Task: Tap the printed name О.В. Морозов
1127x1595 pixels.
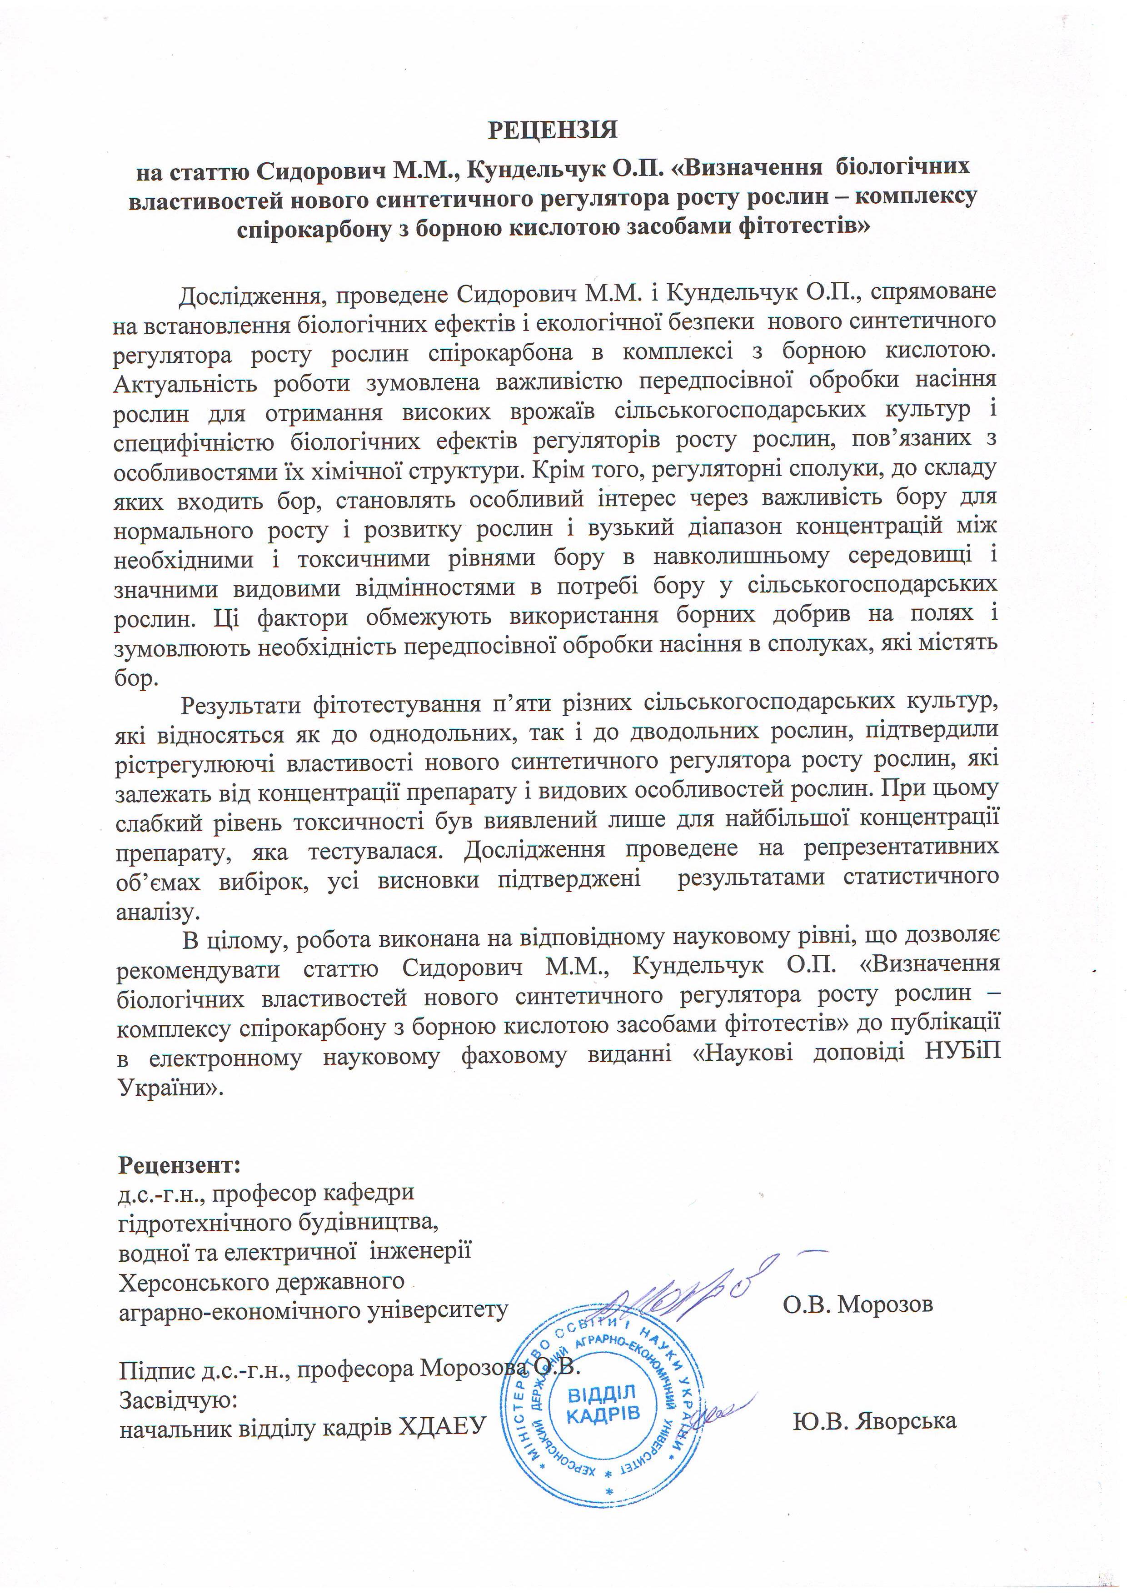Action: click(858, 1304)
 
